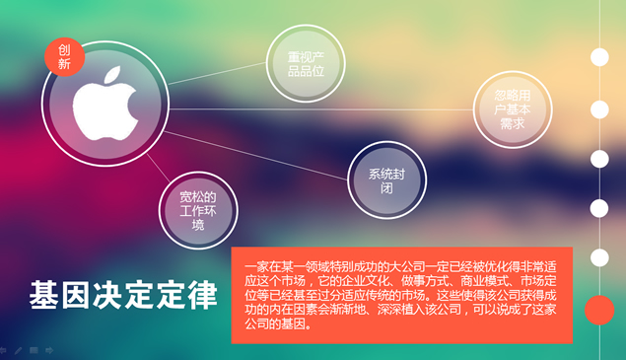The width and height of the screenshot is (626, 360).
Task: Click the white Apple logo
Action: (112, 96)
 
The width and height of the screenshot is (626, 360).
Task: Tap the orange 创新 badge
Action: (65, 56)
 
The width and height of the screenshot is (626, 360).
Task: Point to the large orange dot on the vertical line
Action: (599, 311)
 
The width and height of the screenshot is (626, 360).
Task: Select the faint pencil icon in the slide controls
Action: (19, 350)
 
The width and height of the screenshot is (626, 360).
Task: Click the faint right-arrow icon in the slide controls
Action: (49, 350)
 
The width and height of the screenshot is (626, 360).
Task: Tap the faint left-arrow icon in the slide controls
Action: (4, 350)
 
